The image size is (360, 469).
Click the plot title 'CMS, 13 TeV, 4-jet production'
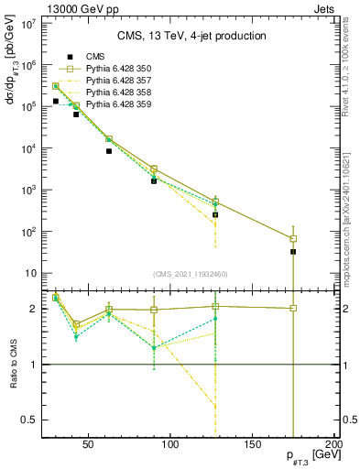191,36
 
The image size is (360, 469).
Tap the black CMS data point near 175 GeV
293,251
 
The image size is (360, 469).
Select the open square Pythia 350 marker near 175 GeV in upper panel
293,238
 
